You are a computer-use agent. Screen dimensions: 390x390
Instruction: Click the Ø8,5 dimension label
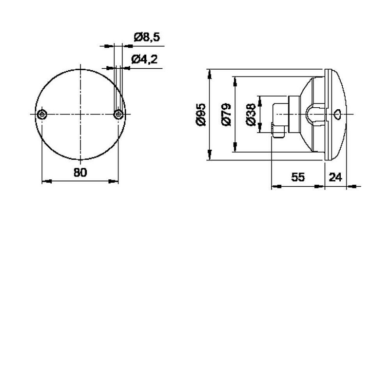click(147, 37)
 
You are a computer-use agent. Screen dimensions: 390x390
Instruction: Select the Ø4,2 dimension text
click(144, 59)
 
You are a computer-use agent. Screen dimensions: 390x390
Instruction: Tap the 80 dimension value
click(80, 173)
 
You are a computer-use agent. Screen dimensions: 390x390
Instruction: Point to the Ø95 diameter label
click(201, 115)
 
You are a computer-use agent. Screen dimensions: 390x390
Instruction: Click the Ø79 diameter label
click(226, 115)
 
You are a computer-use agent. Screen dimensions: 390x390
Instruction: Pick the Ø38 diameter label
click(251, 115)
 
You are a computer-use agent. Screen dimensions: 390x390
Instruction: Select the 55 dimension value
click(298, 177)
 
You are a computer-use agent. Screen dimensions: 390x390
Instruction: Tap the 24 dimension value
click(335, 177)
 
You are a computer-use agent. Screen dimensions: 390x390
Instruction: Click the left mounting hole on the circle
click(42, 115)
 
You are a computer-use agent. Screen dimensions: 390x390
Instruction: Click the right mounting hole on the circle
click(118, 115)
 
